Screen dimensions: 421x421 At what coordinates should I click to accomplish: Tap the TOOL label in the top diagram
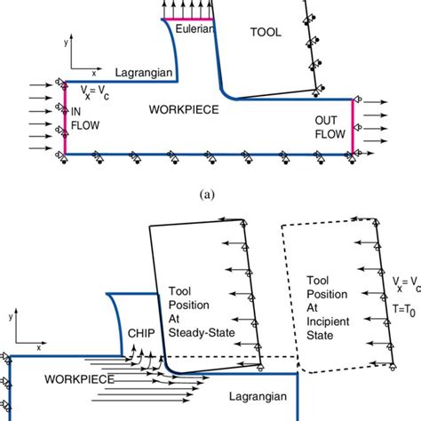[x=265, y=32]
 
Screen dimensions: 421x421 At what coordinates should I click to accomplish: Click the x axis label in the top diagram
[x=95, y=63]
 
